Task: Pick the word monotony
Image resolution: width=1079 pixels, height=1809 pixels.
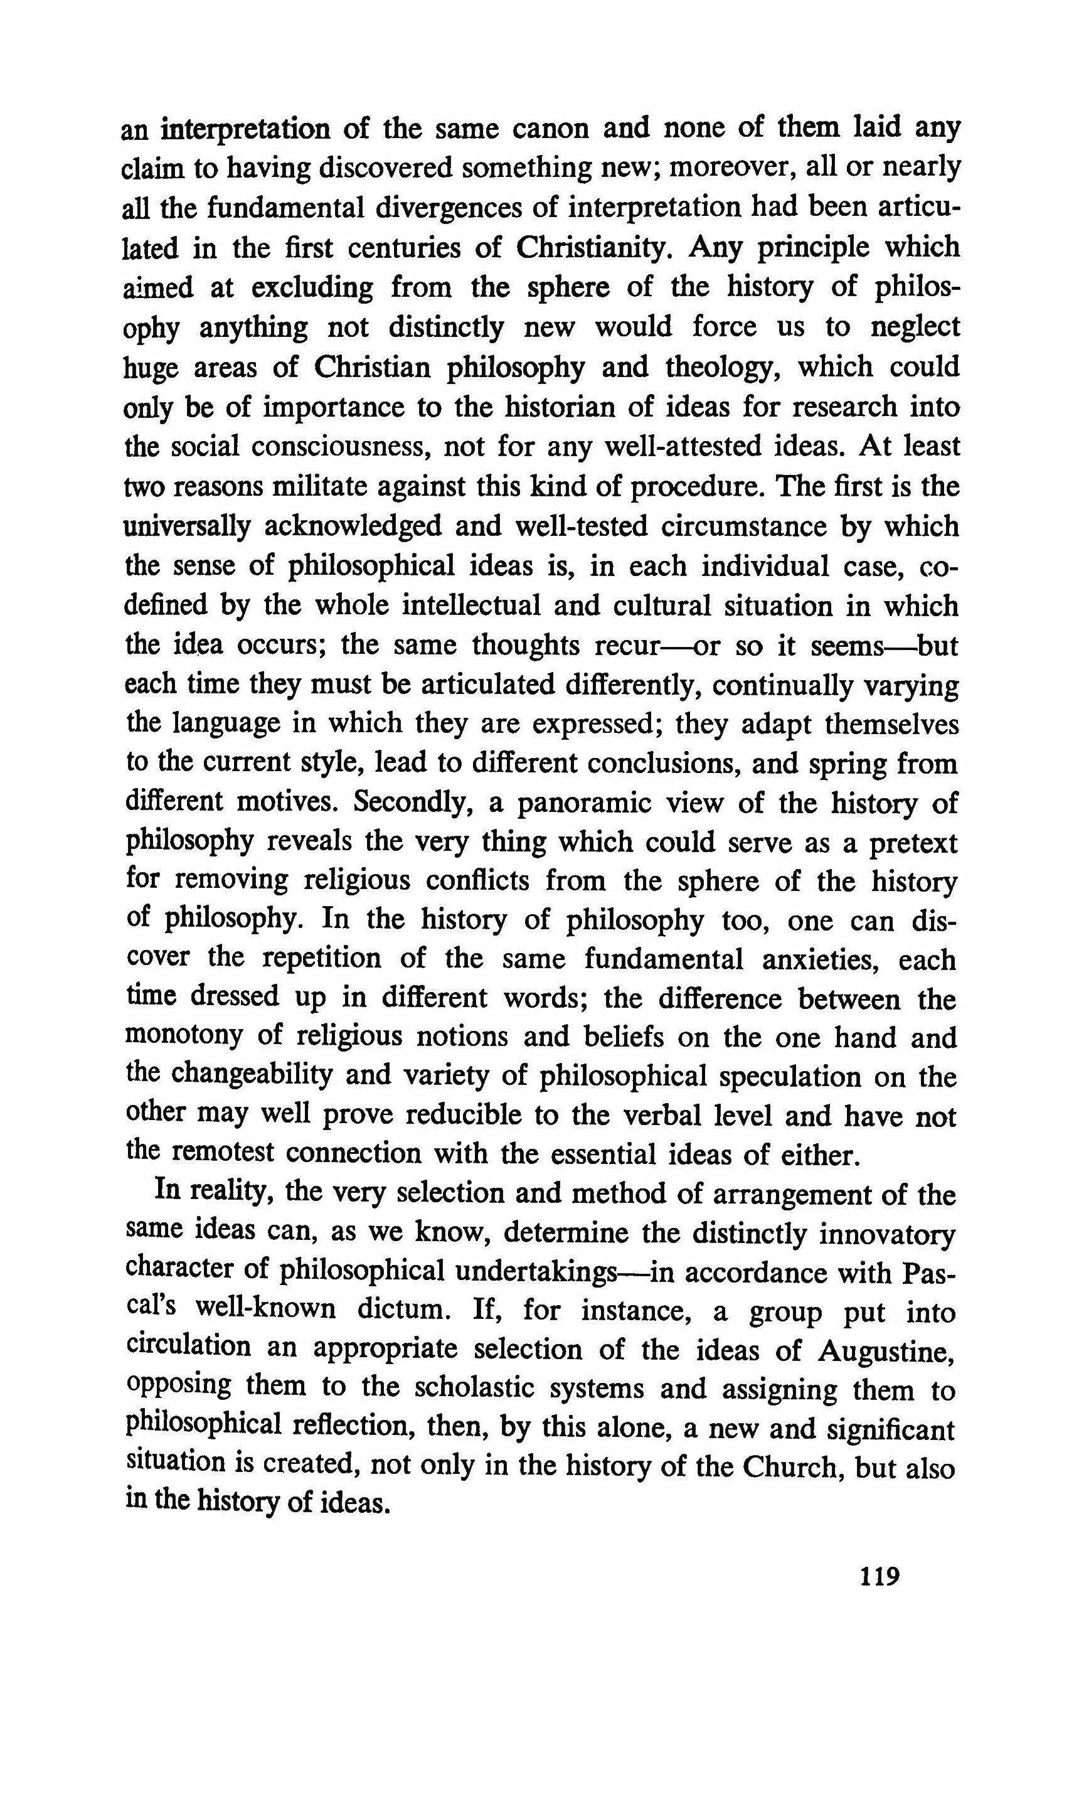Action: click(x=184, y=1036)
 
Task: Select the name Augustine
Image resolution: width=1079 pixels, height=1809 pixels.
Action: click(x=886, y=1350)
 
